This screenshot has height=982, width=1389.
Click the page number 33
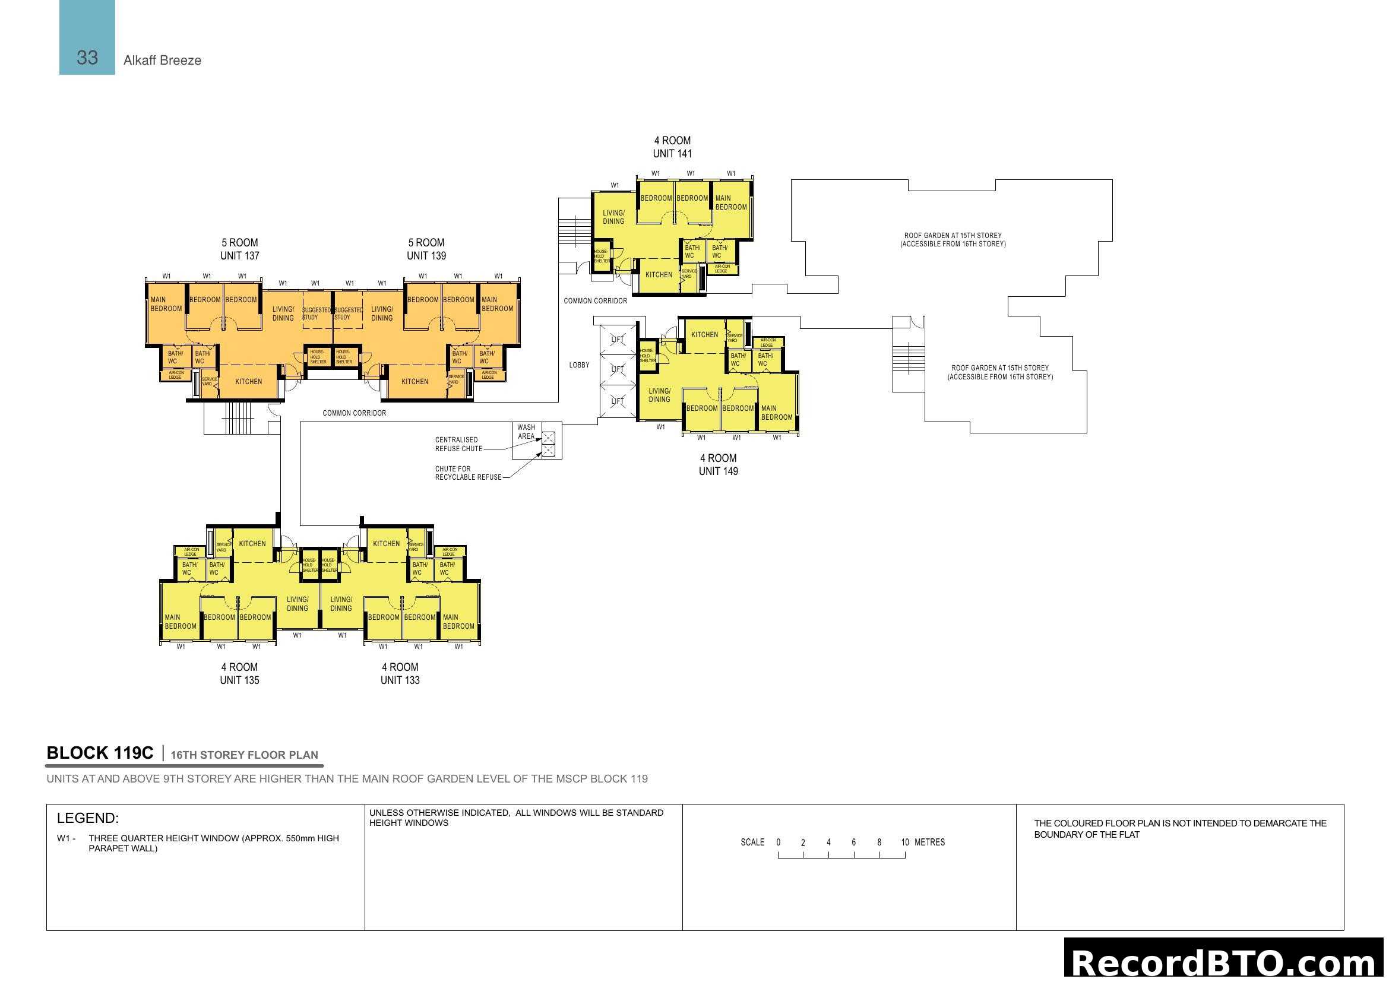point(87,58)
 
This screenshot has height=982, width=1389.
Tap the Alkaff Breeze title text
point(162,61)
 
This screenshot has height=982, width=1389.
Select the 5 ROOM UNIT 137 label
point(239,249)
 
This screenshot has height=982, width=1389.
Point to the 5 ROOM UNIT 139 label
point(426,249)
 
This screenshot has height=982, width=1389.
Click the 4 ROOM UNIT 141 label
point(672,147)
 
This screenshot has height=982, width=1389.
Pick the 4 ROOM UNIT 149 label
point(718,464)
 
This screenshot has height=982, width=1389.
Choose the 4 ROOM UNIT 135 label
point(239,674)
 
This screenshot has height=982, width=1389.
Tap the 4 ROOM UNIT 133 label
point(400,674)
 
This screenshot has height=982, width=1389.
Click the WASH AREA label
point(526,432)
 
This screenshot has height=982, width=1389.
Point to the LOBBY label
point(579,365)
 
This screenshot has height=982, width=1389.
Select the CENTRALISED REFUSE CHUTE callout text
point(458,445)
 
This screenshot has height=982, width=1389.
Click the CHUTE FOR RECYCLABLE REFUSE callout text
point(467,473)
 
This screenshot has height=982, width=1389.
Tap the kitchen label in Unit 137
point(249,382)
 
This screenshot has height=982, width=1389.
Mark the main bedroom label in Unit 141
point(731,202)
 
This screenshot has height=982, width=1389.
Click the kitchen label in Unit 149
point(705,334)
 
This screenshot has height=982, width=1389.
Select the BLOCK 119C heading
point(100,753)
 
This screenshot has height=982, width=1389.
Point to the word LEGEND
point(88,818)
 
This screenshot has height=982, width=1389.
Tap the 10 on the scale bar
point(905,842)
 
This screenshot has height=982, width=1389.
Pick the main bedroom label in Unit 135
point(181,622)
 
